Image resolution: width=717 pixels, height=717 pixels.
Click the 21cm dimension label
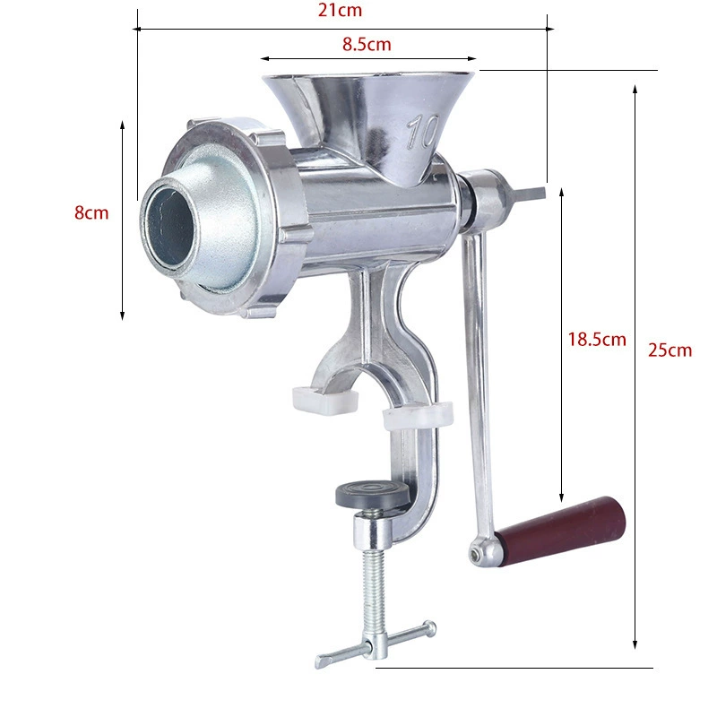pos(340,10)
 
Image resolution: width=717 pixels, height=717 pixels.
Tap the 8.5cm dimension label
pos(367,44)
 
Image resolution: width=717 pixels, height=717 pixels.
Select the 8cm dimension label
pos(91,213)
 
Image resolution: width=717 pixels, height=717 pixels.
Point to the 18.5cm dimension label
pos(597,340)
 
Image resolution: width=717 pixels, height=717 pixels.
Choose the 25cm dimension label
pos(669,350)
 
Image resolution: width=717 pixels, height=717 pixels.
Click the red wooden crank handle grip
pos(562,531)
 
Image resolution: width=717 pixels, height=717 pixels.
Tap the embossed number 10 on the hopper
pos(422,132)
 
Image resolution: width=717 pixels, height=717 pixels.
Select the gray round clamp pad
pos(373,495)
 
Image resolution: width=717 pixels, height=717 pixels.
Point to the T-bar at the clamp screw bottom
pos(376,644)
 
